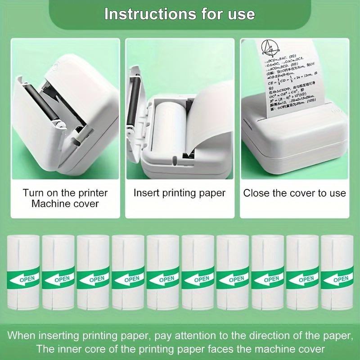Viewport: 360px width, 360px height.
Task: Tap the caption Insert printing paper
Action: pyautogui.click(x=180, y=193)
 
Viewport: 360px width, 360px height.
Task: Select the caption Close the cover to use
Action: pyautogui.click(x=295, y=193)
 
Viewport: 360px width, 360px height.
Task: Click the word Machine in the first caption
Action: pyautogui.click(x=49, y=204)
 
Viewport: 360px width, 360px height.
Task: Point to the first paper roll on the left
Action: pyautogui.click(x=23, y=272)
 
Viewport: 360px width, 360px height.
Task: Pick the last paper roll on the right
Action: pyautogui.click(x=337, y=272)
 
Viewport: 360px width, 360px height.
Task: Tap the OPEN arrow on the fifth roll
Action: pyautogui.click(x=163, y=279)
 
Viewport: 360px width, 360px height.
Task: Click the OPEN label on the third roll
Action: pyautogui.click(x=96, y=279)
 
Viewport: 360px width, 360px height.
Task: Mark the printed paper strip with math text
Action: pyautogui.click(x=292, y=76)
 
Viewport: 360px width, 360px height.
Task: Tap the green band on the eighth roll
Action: pyautogui.click(x=267, y=279)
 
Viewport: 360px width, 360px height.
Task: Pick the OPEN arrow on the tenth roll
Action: pyautogui.click(x=337, y=279)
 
